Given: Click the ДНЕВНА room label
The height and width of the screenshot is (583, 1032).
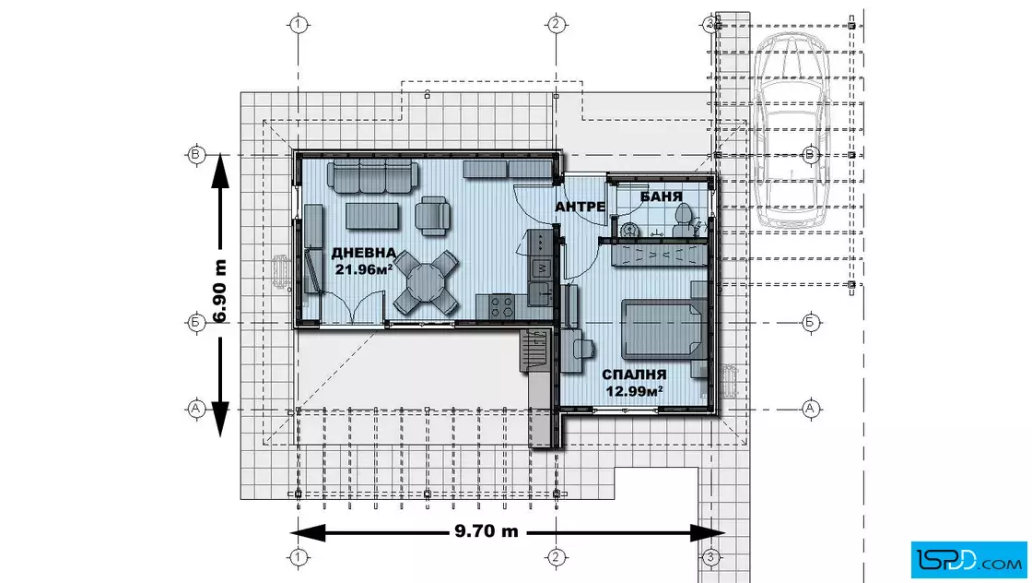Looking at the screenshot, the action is coord(363,253).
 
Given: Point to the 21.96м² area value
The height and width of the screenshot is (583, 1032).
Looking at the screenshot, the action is coord(364,269).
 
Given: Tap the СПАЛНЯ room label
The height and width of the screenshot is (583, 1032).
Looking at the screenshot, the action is coord(634,375).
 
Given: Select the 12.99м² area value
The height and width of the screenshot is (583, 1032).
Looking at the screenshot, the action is coord(634,391).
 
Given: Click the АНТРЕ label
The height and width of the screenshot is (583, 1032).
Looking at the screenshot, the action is coord(580,207).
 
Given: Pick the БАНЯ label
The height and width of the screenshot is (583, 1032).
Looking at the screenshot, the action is coord(661,196).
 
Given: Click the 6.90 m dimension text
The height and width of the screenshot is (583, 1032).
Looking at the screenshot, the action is coord(220,291).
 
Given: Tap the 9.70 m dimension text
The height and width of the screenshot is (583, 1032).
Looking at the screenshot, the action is coord(487,531).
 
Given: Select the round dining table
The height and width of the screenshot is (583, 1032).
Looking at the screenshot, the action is coord(426,282).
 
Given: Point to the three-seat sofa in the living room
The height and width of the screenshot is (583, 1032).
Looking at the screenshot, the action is coord(372,176).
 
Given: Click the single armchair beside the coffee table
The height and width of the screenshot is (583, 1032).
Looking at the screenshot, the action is coord(433,216).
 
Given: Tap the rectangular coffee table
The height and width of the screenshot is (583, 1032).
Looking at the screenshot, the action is coord(372,216).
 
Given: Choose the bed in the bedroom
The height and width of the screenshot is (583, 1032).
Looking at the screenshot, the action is coord(663,329).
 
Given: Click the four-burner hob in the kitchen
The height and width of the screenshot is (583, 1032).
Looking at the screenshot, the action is coord(501,304).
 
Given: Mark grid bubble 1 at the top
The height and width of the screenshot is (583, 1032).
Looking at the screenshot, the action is coord(299,24).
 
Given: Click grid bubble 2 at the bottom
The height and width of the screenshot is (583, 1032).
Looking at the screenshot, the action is coord(557,557).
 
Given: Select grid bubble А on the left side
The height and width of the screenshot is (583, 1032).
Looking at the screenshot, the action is coord(195,409).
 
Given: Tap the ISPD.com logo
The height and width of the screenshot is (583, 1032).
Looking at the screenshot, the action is coord(968,559).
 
